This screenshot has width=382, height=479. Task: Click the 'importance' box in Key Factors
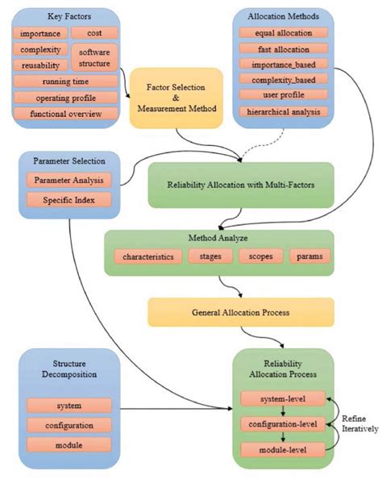40,33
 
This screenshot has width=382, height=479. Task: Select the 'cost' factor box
95,33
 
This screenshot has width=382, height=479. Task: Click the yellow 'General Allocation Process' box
229,311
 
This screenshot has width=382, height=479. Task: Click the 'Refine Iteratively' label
359,424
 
